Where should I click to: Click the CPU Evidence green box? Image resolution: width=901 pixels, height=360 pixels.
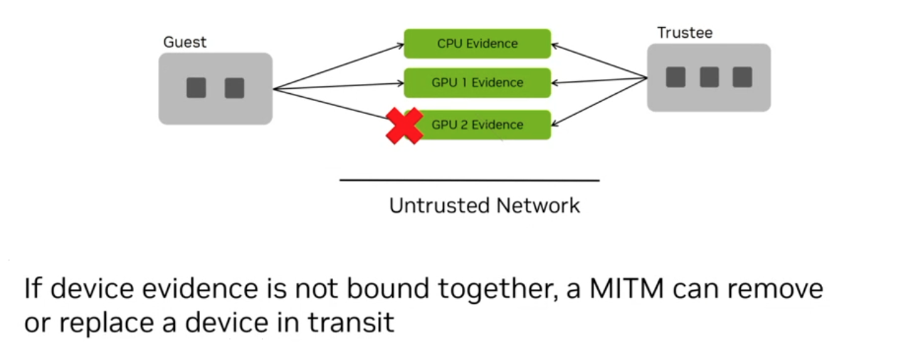tap(477, 43)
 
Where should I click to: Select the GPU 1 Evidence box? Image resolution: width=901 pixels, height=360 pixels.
tap(477, 83)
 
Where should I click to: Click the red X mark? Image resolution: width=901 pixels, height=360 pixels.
tap(404, 127)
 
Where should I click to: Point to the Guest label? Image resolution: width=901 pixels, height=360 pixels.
tap(184, 42)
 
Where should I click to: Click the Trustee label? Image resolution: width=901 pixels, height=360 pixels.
tap(684, 33)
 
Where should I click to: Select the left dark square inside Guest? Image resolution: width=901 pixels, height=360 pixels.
tap(196, 88)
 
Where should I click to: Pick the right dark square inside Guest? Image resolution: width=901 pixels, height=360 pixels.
tap(234, 88)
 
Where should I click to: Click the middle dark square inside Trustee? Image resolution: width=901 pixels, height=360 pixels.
tap(709, 77)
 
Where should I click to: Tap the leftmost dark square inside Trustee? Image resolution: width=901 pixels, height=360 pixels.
tap(675, 77)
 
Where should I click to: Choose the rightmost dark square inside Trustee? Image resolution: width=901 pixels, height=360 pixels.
tap(742, 77)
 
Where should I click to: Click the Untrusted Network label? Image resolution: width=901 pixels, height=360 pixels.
tap(484, 206)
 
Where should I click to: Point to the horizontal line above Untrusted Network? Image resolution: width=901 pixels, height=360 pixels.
tap(469, 181)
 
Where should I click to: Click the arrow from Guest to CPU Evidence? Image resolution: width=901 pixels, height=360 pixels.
tap(338, 67)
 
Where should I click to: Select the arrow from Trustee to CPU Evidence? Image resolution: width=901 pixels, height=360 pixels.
tap(599, 61)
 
